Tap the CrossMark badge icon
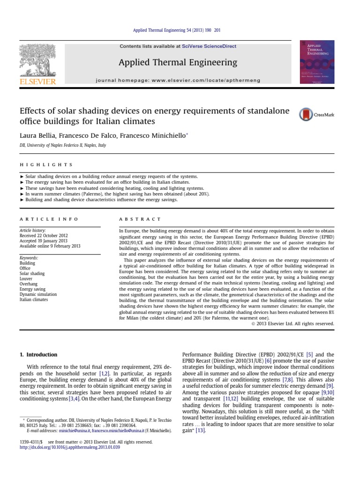[306, 114]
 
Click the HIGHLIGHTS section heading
[46, 165]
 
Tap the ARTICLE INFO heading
[49, 219]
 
